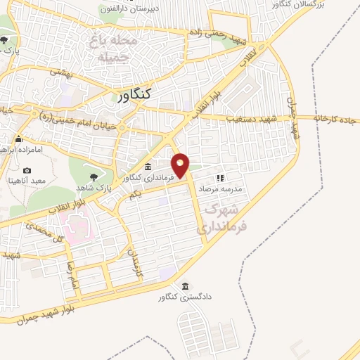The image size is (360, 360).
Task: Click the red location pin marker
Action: pyautogui.click(x=181, y=165)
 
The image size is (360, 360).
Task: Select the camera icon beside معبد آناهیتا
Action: pyautogui.click(x=27, y=170)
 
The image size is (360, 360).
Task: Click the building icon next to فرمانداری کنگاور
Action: pyautogui.click(x=148, y=167)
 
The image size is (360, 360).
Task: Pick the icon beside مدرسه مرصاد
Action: pyautogui.click(x=219, y=178)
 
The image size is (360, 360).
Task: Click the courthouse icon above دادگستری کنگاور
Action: pyautogui.click(x=185, y=287)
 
